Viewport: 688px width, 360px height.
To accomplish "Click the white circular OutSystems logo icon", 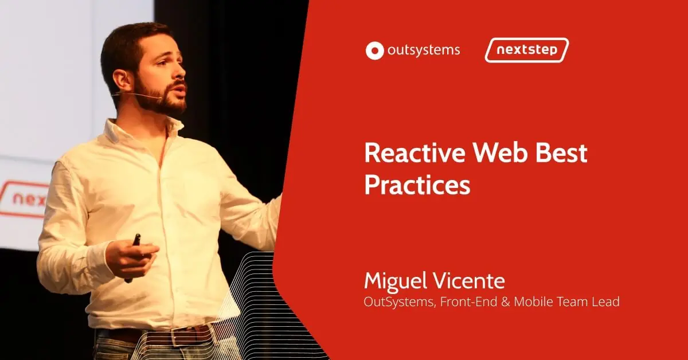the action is [x=375, y=50].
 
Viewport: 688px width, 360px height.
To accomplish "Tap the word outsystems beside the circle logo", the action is [x=424, y=50].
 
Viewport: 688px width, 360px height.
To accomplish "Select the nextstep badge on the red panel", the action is [x=527, y=50].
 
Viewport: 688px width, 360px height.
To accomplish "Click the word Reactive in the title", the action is [x=415, y=152].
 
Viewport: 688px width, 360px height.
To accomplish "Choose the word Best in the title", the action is [x=562, y=152].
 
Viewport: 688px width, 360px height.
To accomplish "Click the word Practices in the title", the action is [x=417, y=185].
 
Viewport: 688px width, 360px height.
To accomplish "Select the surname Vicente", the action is [x=469, y=281].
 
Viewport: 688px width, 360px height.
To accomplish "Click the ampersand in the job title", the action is [x=506, y=302].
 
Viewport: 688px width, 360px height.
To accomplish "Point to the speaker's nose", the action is [x=181, y=71].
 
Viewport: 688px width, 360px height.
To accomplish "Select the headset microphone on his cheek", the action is [x=137, y=95].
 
